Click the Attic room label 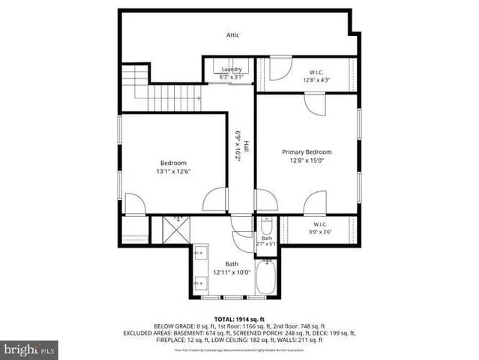tap(233, 35)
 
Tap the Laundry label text tap(231, 69)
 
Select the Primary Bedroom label tap(307, 151)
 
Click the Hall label tap(245, 147)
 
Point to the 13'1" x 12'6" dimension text tap(173, 171)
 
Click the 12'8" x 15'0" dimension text tap(307, 160)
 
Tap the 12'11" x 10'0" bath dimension tap(232, 271)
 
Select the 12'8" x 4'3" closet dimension tap(316, 79)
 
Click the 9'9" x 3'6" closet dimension tap(320, 232)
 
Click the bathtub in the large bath tap(266, 279)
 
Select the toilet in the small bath tap(266, 227)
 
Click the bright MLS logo tap(29, 349)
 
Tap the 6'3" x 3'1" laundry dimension tap(231, 76)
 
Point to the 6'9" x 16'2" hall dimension tap(235, 146)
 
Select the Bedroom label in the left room tap(173, 163)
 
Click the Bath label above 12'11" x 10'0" tap(232, 263)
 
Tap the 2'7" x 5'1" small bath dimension tap(266, 244)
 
